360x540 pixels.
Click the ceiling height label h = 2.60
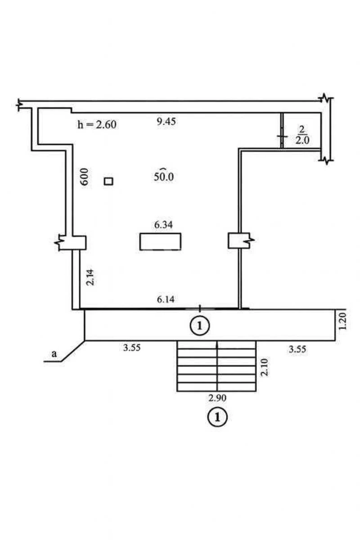pos(97,125)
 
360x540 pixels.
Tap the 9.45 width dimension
pos(166,121)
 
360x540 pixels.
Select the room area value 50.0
pos(163,176)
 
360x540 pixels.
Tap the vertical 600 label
pos(85,178)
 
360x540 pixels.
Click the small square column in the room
pos(108,181)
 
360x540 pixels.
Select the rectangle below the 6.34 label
pos(160,241)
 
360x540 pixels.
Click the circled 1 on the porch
pos(200,325)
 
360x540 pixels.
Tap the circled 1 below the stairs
pos(217,417)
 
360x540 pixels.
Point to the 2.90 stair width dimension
pos(217,398)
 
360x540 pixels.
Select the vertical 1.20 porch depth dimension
pos(343,323)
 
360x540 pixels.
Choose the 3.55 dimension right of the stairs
pos(297,348)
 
